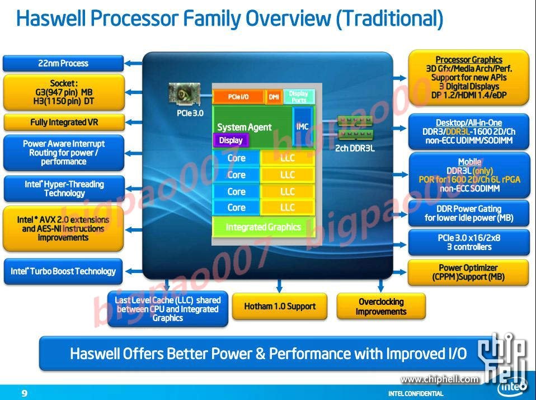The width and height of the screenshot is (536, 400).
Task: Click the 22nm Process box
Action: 63,63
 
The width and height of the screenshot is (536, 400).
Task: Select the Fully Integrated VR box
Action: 63,122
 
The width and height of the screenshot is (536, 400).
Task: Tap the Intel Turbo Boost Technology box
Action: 63,271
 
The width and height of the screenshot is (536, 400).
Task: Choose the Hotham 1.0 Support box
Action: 280,306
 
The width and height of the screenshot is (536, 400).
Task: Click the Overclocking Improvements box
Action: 381,306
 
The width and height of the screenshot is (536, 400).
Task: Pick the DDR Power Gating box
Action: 469,214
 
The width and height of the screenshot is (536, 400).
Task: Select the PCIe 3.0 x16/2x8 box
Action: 469,242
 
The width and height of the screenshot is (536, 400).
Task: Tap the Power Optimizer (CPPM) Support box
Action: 469,272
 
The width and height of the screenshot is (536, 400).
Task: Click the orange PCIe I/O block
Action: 238,97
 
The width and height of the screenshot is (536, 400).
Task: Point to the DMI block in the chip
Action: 274,97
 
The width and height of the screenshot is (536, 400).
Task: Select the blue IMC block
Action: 302,127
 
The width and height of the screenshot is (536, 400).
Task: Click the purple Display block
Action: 231,140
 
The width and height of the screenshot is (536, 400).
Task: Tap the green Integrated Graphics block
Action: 263,227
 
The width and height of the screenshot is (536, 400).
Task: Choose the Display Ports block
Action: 299,97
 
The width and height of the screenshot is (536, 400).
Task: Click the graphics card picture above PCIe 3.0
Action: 185,95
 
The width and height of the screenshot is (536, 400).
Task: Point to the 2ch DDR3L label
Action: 355,148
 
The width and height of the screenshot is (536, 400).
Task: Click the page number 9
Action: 24,393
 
